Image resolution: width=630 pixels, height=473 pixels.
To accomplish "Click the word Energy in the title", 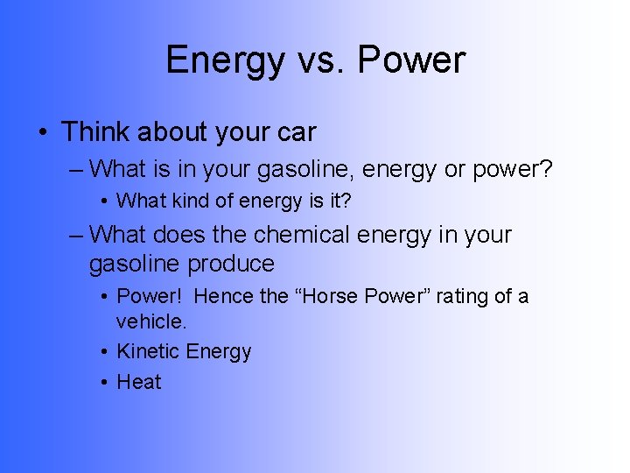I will pos(224,60).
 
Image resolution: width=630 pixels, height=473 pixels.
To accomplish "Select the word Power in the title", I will pos(411,60).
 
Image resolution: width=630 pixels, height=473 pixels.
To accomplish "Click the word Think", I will pos(95,132).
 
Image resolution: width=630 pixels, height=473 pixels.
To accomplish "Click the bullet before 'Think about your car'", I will pos(44,133).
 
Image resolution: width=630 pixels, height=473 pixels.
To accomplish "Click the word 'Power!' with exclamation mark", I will pos(149,296).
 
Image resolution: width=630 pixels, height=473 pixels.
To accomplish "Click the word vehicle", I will pos(151,321).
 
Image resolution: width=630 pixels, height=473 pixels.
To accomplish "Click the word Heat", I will pos(139,382).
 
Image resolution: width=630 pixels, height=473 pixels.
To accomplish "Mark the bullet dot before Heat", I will pos(103,383).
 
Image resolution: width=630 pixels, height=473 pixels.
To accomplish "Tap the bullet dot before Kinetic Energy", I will pos(103,352).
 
